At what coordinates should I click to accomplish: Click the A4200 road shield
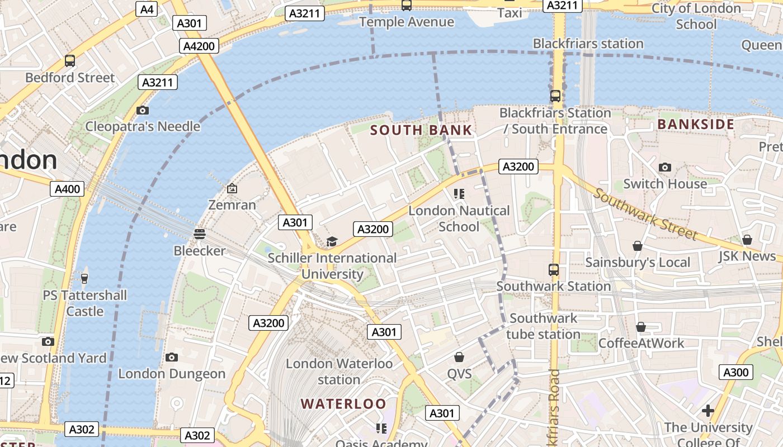[199, 46]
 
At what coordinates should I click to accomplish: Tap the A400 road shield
[67, 189]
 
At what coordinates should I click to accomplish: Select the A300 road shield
[736, 372]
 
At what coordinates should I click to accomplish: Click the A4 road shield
[147, 9]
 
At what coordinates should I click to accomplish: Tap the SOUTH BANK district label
[421, 130]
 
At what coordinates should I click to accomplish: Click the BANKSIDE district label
[696, 124]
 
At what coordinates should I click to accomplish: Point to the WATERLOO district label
[343, 403]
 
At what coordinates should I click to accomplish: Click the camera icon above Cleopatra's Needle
[143, 110]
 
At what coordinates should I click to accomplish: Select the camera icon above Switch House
[665, 167]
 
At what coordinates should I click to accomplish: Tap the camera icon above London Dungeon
[172, 357]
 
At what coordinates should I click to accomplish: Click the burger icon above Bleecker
[200, 234]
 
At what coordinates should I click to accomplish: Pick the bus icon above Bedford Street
[70, 61]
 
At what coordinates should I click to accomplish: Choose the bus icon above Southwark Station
[554, 270]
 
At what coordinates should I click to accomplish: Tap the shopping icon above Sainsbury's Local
[637, 246]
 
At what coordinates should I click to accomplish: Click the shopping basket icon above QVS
[459, 357]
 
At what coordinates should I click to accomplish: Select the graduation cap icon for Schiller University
[332, 241]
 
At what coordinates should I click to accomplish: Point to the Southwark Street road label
[645, 214]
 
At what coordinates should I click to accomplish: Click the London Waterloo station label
[339, 371]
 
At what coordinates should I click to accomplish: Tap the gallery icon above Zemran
[232, 188]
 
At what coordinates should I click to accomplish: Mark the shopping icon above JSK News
[747, 240]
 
